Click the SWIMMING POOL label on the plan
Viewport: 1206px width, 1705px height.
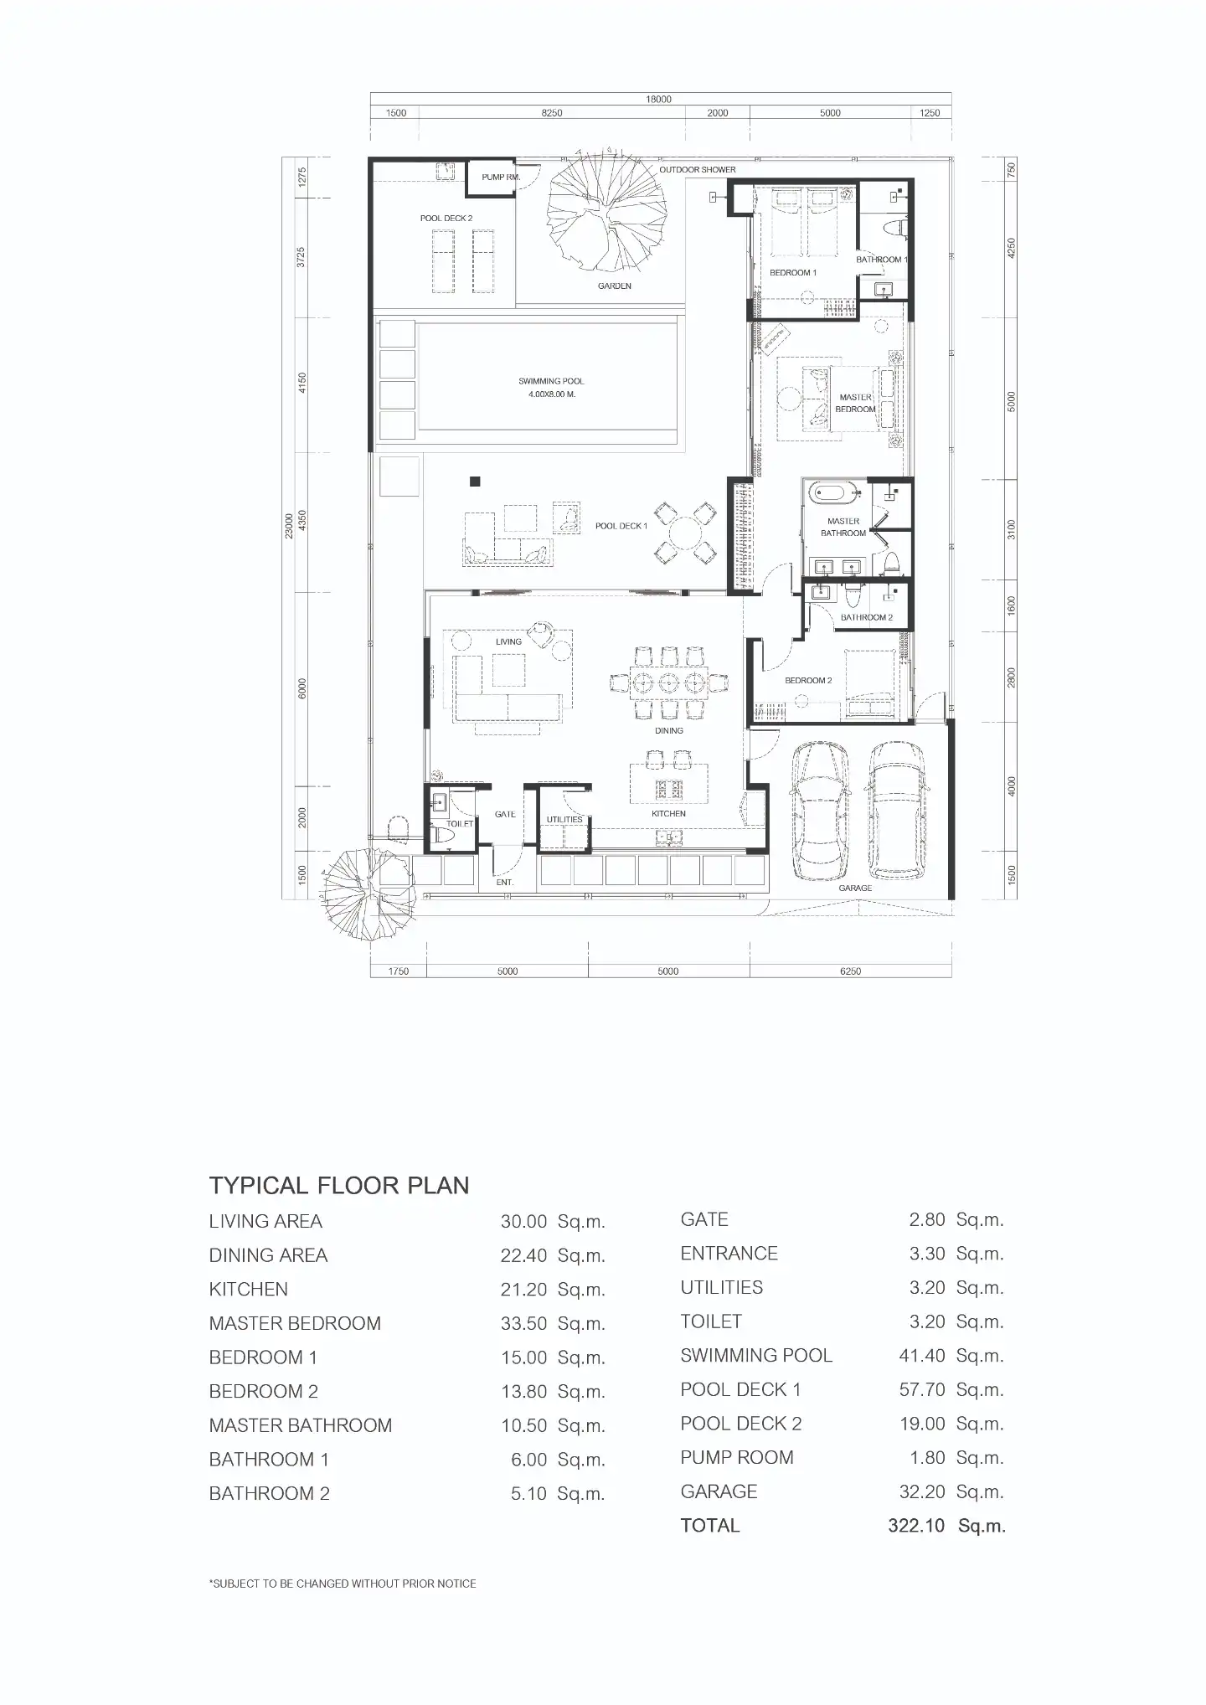click(551, 381)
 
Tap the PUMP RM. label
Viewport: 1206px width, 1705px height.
click(501, 178)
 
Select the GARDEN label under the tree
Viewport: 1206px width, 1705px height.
click(615, 286)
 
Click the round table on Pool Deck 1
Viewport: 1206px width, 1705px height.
click(685, 533)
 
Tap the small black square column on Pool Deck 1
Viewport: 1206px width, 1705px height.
click(475, 482)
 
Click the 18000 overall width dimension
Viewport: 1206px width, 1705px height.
click(659, 100)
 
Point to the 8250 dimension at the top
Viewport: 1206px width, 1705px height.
click(552, 113)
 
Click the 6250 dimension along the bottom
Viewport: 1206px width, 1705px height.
click(850, 971)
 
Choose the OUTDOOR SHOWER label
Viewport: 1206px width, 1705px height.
click(698, 170)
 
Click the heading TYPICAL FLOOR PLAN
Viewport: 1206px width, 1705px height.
click(339, 1186)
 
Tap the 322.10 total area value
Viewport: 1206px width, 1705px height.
click(916, 1526)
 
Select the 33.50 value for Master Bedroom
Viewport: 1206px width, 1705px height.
click(523, 1324)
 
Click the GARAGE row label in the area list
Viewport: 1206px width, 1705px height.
click(719, 1491)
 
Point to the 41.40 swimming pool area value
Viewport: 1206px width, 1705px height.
click(922, 1356)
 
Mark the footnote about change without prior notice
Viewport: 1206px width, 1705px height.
click(343, 1584)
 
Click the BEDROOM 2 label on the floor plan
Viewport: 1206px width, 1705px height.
click(808, 681)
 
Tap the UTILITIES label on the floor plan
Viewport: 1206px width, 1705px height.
click(564, 820)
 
